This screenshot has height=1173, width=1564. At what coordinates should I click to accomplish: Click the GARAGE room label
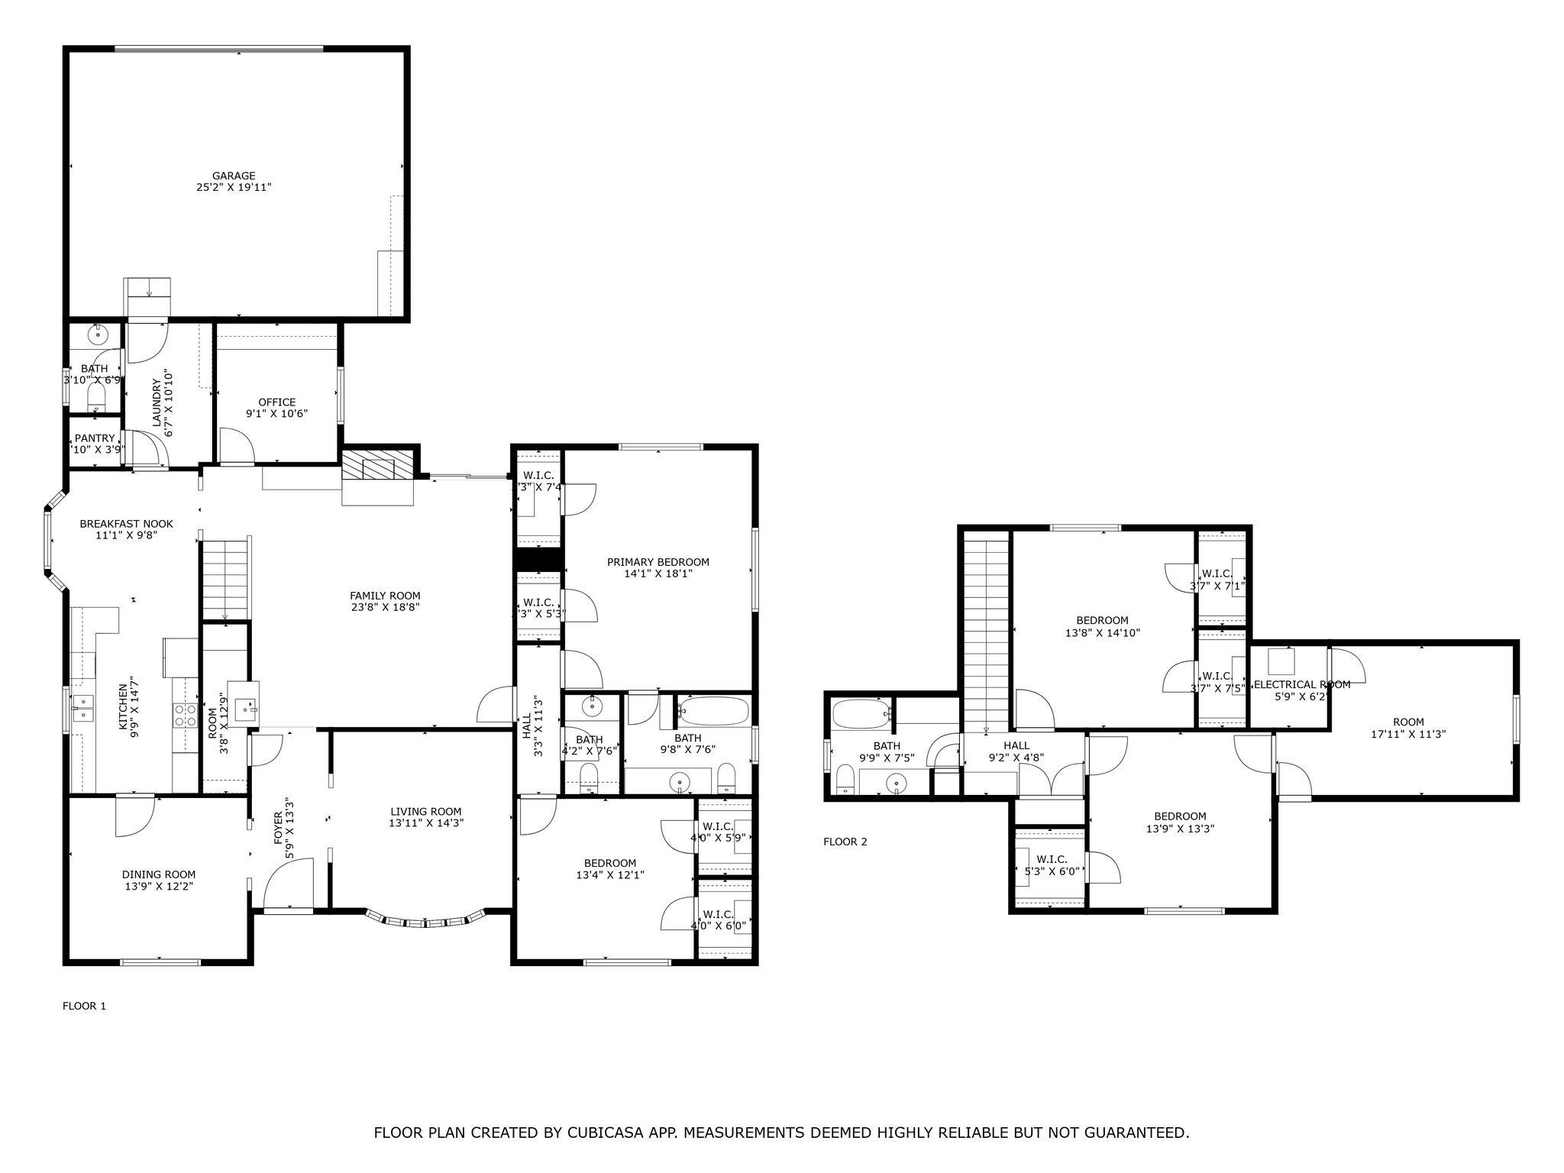point(234,176)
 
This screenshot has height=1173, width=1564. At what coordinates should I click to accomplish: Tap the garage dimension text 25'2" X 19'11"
point(234,187)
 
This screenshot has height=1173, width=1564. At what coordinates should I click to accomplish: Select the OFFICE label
point(276,402)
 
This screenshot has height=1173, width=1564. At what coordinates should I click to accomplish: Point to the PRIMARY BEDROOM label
point(658,562)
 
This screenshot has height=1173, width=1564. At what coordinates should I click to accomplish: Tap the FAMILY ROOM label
point(385,596)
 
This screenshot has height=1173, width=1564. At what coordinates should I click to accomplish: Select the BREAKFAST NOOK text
point(126,524)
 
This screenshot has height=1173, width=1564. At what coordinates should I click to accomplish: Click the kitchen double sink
point(82,708)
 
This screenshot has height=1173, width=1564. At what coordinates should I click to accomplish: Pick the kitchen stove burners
point(185,714)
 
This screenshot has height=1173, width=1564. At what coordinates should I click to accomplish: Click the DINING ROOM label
point(159,874)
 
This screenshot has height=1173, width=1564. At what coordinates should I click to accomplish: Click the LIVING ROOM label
point(425,812)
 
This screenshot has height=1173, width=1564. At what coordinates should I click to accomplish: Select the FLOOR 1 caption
point(84,1006)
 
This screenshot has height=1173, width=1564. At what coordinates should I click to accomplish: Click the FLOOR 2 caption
point(845,842)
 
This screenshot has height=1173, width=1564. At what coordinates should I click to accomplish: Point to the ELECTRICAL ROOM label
point(1302,684)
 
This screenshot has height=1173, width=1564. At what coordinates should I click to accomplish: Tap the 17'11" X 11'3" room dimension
point(1408,734)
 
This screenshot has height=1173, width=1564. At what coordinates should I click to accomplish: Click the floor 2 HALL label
point(1016,745)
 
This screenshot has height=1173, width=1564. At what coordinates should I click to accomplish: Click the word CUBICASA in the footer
point(602,1133)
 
